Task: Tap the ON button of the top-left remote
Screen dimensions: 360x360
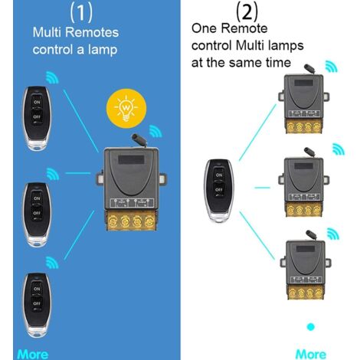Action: point(36,100)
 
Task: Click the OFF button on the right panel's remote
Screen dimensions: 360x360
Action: point(220,188)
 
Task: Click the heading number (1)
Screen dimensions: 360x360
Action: point(83,11)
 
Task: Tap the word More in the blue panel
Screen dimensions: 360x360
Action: point(32,354)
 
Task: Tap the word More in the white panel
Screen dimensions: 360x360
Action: point(310,354)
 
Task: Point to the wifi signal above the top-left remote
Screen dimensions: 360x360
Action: point(53,77)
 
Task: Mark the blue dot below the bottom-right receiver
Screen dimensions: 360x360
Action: point(310,328)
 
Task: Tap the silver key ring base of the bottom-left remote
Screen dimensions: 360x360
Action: point(36,329)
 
